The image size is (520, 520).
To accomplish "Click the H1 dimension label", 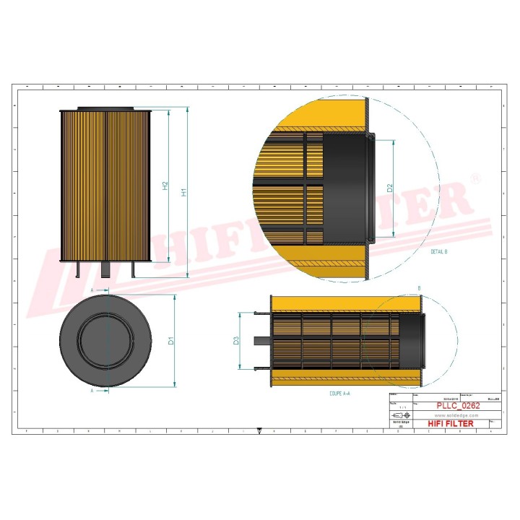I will pyautogui.click(x=184, y=193).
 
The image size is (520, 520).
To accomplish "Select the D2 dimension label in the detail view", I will pyautogui.click(x=389, y=188).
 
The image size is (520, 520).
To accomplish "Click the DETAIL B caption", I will pyautogui.click(x=438, y=251).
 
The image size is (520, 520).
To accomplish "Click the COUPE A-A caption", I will pyautogui.click(x=339, y=394).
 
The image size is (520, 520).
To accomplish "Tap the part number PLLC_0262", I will pyautogui.click(x=458, y=406).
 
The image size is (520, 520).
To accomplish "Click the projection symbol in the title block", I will pyautogui.click(x=399, y=417).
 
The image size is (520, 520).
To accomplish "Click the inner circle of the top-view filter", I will pyautogui.click(x=107, y=340).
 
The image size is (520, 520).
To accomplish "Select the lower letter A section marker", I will pyautogui.click(x=92, y=390).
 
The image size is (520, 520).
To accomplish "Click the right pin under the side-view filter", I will pyautogui.click(x=133, y=268).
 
